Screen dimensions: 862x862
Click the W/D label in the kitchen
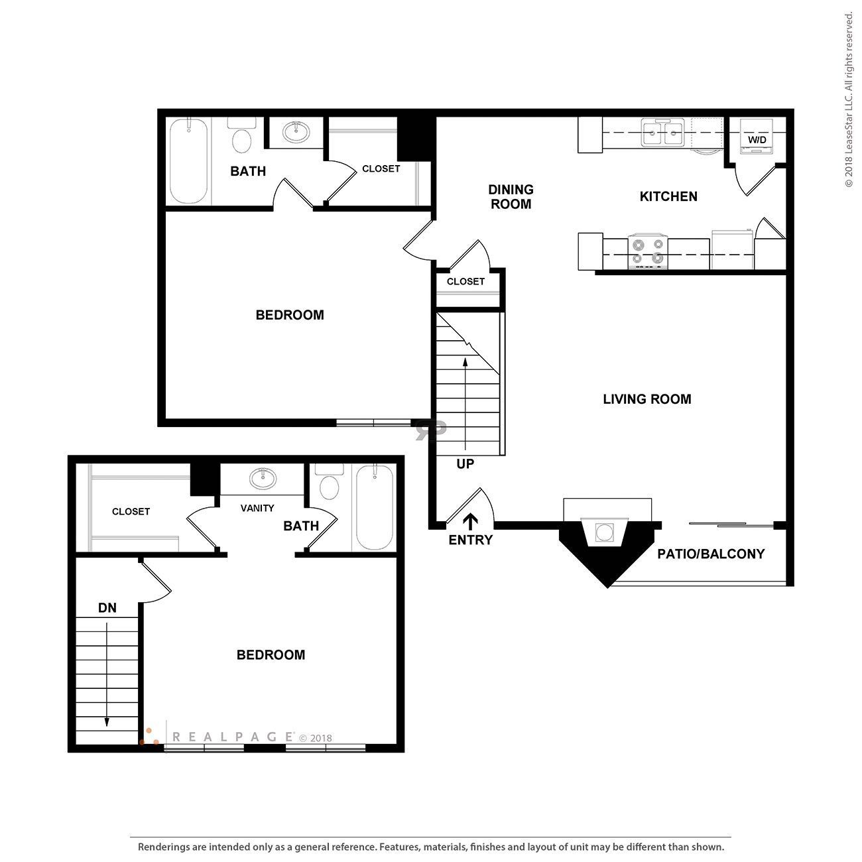pyautogui.click(x=757, y=140)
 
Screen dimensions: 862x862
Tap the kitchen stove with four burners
pyautogui.click(x=647, y=251)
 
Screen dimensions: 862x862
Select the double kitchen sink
pyautogui.click(x=662, y=133)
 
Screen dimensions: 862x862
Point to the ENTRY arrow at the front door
pyautogui.click(x=470, y=521)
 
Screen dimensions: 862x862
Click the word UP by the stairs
pyautogui.click(x=465, y=464)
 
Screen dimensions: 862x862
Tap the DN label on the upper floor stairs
pyautogui.click(x=107, y=607)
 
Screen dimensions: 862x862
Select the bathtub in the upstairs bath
pyautogui.click(x=375, y=507)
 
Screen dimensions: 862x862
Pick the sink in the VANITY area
pyautogui.click(x=263, y=478)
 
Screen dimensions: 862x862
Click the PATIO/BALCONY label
pyautogui.click(x=711, y=554)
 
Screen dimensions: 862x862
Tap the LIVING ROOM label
pyautogui.click(x=646, y=399)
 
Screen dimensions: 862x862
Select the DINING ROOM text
pyautogui.click(x=511, y=197)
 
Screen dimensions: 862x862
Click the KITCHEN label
pyautogui.click(x=668, y=196)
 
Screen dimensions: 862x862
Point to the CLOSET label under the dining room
pyautogui.click(x=465, y=281)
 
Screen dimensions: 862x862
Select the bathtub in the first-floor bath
pyautogui.click(x=189, y=161)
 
